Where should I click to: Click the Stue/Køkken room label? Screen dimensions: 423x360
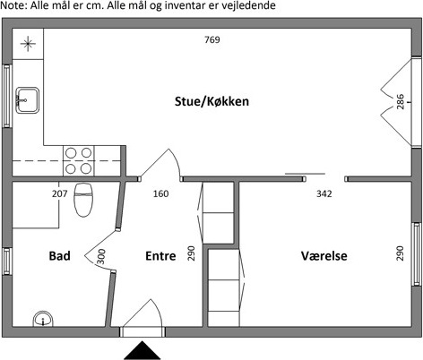tap(211, 101)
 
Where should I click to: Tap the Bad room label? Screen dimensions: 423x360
tap(60, 256)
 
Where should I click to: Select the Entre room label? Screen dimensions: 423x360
tap(160, 256)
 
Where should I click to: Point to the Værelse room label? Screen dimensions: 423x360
tap(324, 256)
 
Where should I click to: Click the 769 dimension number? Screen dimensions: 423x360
tap(212, 39)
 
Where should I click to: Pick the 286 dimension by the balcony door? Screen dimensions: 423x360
tap(401, 102)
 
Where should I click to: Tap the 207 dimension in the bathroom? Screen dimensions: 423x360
tap(60, 193)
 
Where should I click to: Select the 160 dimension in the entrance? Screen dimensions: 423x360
tap(160, 193)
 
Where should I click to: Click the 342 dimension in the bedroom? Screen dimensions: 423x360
tap(324, 193)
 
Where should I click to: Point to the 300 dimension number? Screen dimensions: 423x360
tap(101, 257)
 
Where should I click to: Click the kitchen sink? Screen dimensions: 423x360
tap(27, 100)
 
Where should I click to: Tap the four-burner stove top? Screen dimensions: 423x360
tap(79, 161)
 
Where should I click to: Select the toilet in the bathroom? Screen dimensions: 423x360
tap(83, 200)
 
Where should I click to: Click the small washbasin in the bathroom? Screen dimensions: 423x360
tap(43, 319)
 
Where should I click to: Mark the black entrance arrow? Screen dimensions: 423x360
tap(142, 350)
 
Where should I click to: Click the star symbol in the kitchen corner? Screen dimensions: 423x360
tap(28, 44)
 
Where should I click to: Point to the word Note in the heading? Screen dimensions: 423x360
tap(13, 5)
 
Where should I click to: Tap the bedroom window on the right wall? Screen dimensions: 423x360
tap(417, 254)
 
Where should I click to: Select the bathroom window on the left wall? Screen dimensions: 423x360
tap(7, 261)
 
